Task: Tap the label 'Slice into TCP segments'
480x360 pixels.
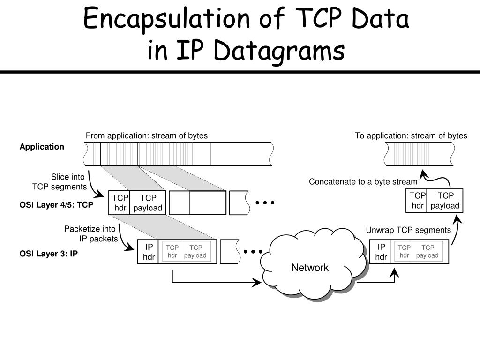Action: click(x=60, y=182)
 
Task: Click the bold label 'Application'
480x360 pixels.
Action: click(x=42, y=147)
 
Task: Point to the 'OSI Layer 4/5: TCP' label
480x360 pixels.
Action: click(x=56, y=205)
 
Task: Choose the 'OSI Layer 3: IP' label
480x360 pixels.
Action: click(x=48, y=254)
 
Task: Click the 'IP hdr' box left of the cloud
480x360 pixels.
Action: click(x=149, y=252)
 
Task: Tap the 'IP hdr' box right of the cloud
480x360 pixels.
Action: click(x=381, y=252)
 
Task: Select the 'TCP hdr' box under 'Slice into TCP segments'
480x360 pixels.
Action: click(x=120, y=202)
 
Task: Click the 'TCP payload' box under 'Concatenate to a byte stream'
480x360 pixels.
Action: click(x=445, y=201)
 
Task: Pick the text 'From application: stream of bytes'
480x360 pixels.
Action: click(x=146, y=136)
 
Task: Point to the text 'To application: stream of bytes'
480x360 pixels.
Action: click(x=411, y=136)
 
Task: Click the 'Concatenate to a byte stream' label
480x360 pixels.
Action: click(x=363, y=182)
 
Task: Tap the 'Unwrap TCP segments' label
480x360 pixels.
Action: click(x=408, y=230)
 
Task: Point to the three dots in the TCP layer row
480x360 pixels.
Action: click(x=265, y=203)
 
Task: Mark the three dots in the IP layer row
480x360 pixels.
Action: click(x=253, y=252)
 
